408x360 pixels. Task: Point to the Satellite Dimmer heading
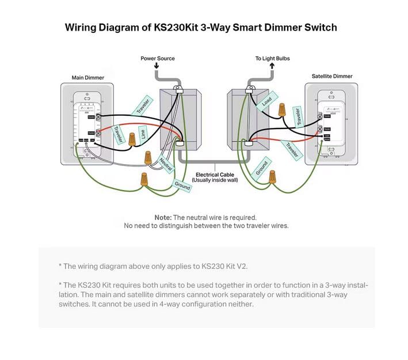(332, 76)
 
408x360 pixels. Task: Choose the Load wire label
(266, 101)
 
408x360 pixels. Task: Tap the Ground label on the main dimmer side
(182, 185)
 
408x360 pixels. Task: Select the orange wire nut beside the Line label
(133, 138)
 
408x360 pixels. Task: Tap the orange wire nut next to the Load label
(282, 109)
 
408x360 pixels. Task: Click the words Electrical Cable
(215, 175)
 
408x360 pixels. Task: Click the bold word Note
(163, 217)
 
